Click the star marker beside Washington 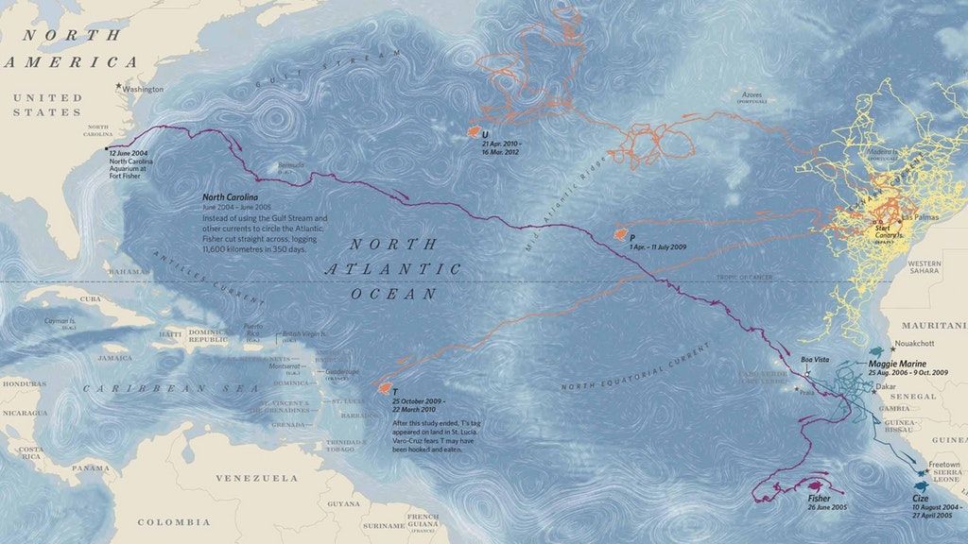pos(118,88)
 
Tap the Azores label pos(751,95)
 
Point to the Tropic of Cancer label pos(746,278)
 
